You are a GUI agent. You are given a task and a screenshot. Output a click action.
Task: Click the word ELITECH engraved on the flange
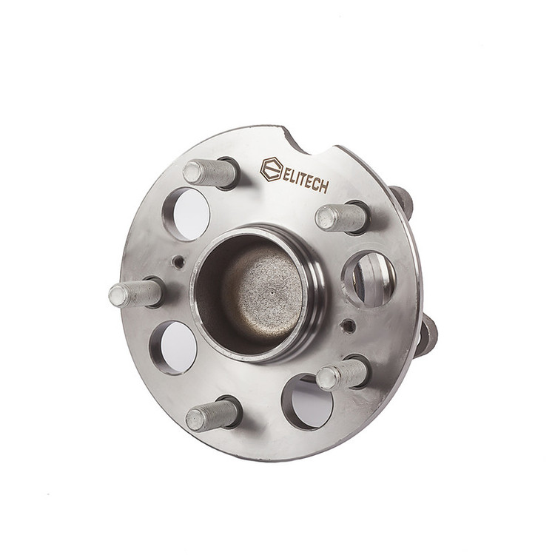coord(305,180)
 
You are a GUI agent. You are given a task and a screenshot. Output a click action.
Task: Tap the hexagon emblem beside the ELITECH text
coord(272,169)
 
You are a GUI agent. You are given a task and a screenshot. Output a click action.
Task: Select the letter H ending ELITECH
coord(324,186)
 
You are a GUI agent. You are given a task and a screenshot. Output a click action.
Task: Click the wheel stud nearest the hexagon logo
coord(210,172)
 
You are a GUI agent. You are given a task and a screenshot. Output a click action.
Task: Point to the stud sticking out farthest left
coord(135,294)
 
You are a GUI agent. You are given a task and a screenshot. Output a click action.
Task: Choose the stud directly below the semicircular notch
coord(341,218)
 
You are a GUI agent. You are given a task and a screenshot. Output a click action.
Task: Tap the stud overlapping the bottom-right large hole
coord(341,374)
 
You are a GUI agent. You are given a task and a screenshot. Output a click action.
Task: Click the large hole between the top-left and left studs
coord(186,214)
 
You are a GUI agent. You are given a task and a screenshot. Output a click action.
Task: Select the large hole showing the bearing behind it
coord(368,279)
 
